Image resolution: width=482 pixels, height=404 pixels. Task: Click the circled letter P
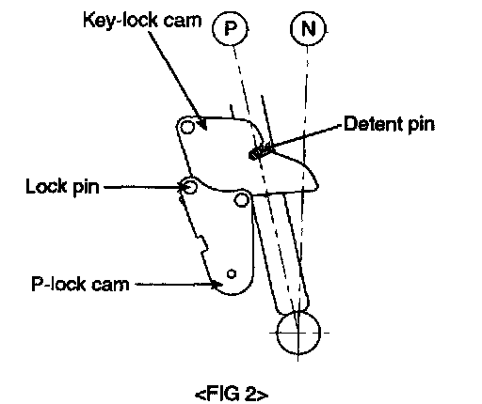(231, 28)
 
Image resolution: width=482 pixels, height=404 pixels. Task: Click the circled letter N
(308, 28)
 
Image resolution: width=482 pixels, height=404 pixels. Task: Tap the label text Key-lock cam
(142, 21)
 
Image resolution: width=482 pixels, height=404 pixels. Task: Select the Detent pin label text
(390, 124)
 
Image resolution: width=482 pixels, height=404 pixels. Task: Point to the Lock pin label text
(62, 187)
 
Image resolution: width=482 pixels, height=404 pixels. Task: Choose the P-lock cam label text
(80, 285)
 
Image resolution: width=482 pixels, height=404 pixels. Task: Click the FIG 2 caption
(232, 394)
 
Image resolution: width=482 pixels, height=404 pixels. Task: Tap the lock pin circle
(190, 187)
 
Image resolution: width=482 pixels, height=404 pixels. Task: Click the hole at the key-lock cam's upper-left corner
(187, 127)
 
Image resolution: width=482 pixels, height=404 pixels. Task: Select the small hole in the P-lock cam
(232, 273)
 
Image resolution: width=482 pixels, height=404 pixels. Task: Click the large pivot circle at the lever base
(298, 333)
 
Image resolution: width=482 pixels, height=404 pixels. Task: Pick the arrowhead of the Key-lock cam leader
(202, 123)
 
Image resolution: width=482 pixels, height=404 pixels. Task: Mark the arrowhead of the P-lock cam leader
(217, 285)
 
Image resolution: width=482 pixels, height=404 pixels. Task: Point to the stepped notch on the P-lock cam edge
(202, 244)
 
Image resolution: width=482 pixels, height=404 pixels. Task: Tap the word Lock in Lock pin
(46, 186)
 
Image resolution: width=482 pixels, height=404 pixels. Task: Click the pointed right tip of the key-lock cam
(317, 186)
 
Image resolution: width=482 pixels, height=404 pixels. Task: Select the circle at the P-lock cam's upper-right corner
(242, 199)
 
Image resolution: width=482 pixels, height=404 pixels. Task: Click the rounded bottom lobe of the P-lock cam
(233, 293)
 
